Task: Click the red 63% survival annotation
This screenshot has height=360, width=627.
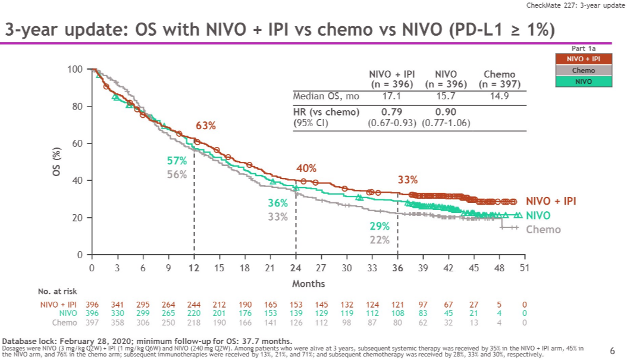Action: coord(206,126)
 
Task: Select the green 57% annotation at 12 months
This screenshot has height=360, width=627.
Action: coord(177,161)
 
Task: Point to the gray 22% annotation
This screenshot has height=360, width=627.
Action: coord(379,240)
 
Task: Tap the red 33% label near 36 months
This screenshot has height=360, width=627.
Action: coord(407,180)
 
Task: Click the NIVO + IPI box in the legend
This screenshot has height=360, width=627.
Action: coord(583,60)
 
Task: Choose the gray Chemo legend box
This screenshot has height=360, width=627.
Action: coord(583,70)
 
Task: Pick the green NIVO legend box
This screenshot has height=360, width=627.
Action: coord(583,81)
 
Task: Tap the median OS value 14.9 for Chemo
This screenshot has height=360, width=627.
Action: coord(500,96)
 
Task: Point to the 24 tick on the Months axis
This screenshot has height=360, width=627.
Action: coord(296,268)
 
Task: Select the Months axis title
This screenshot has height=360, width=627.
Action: coord(308,283)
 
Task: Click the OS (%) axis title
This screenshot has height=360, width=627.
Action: coord(57,161)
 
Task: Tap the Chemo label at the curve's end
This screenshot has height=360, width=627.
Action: coord(543,229)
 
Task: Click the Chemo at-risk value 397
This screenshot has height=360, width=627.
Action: coord(92,323)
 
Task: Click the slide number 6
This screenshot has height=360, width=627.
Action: coord(613,350)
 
